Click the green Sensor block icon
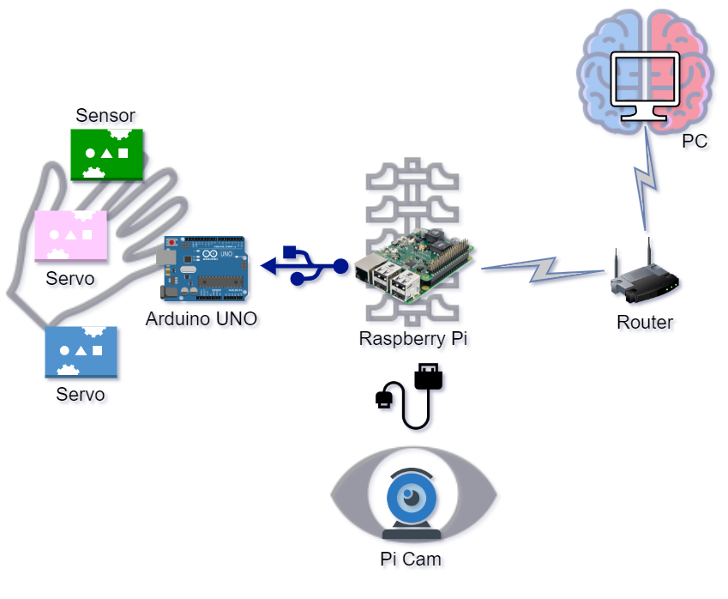106,154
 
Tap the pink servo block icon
70,235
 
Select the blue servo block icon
81,352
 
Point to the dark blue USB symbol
304,265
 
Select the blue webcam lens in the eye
413,497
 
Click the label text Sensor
105,115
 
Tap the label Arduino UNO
202,319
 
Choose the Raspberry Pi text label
413,338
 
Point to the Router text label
645,323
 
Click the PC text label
695,141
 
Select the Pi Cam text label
411,559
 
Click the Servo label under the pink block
70,279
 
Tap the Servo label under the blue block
81,395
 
